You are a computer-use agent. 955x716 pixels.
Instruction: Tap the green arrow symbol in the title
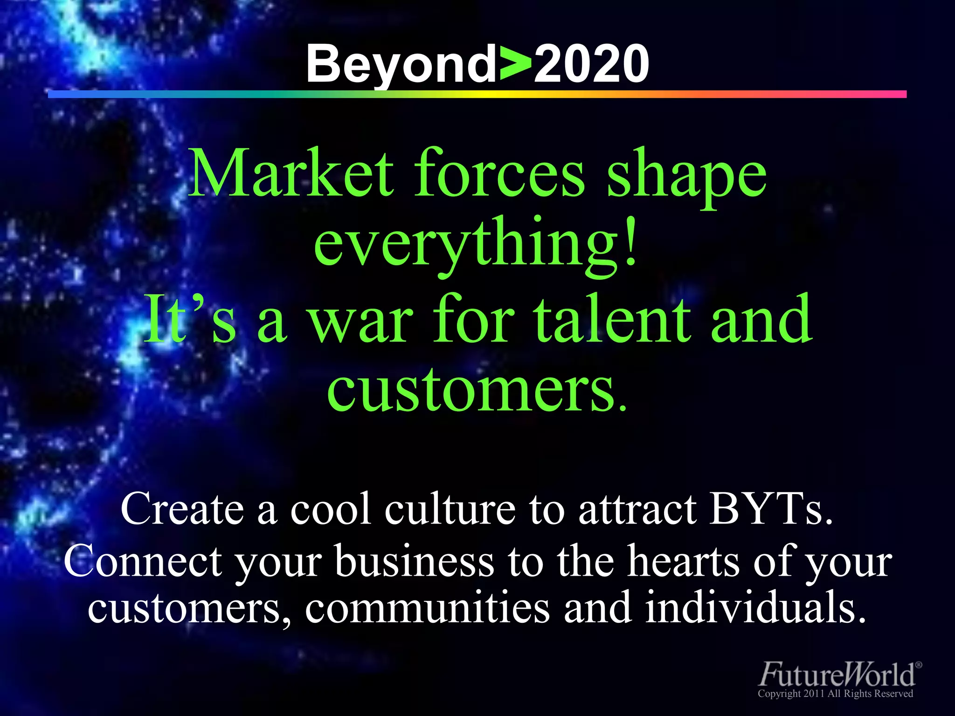pyautogui.click(x=515, y=64)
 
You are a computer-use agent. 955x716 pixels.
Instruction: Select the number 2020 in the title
pyautogui.click(x=591, y=64)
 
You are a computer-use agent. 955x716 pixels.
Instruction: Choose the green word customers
pyautogui.click(x=476, y=389)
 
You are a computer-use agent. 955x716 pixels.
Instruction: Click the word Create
pyautogui.click(x=182, y=509)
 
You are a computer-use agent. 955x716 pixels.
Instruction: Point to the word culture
pyautogui.click(x=450, y=509)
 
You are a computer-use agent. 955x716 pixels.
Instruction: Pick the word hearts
pyautogui.click(x=683, y=561)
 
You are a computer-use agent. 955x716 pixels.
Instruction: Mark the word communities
pyautogui.click(x=427, y=608)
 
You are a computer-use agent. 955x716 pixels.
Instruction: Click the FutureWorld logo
pyautogui.click(x=839, y=674)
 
